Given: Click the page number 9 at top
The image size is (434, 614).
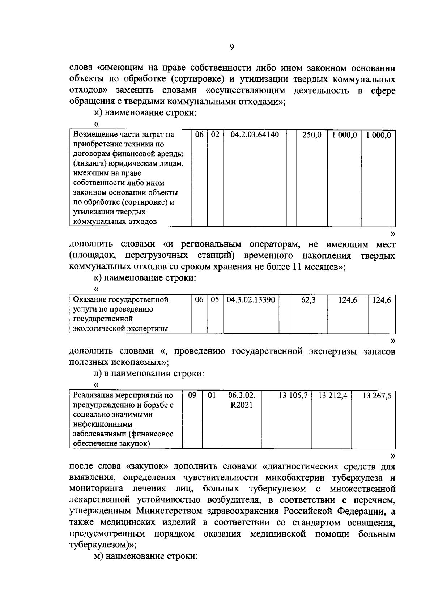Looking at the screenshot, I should pos(232,47).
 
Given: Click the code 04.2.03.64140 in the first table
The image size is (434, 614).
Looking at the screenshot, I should pos(255,135).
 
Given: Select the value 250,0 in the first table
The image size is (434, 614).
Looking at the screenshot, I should pos(312,135).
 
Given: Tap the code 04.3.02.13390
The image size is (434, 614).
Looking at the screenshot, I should pos(251,300).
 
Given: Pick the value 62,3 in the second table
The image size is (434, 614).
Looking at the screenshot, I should pos(308,300).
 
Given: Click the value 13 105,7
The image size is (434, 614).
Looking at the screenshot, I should pos(293,396).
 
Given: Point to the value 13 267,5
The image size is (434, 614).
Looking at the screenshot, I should pos(377,396).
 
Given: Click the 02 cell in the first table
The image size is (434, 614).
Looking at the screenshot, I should pos(215,135).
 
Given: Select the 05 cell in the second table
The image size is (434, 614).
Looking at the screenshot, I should pos(215,300).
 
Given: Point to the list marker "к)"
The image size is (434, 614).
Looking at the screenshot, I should pos(97,278).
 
